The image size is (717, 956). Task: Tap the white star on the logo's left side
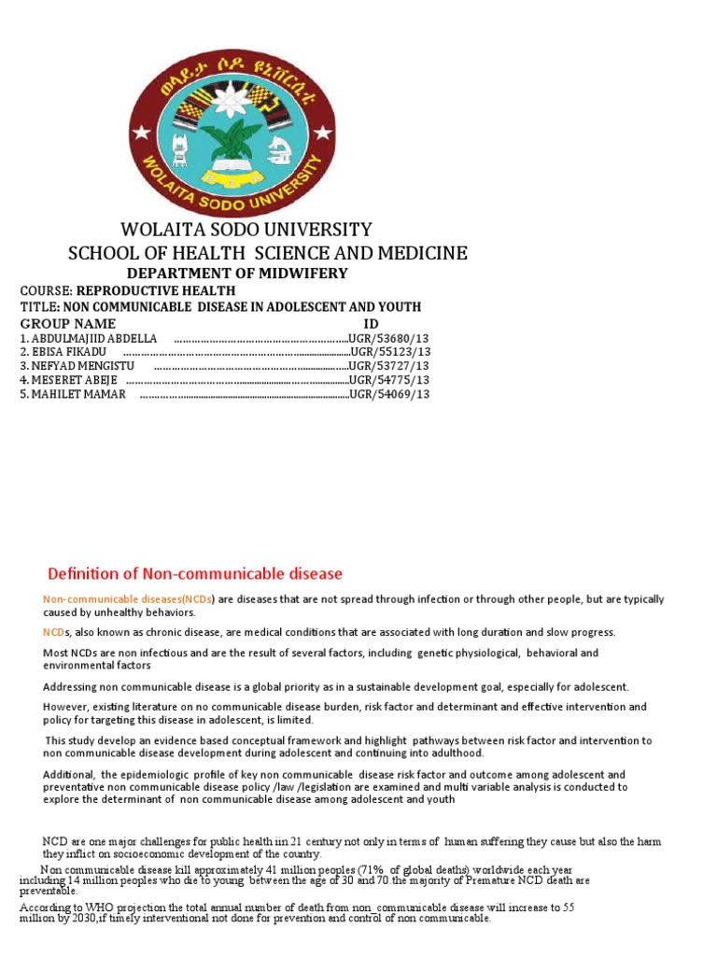[143, 128]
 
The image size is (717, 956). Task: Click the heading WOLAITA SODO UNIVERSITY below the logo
[246, 230]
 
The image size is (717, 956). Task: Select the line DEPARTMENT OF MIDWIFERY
[237, 274]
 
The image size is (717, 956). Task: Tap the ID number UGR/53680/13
[389, 338]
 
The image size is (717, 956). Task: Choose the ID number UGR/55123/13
[389, 352]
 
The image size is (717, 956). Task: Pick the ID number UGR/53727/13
[389, 366]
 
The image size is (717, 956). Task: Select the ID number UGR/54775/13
[389, 380]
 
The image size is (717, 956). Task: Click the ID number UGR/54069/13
[389, 394]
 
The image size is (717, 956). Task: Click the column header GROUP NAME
[68, 323]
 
